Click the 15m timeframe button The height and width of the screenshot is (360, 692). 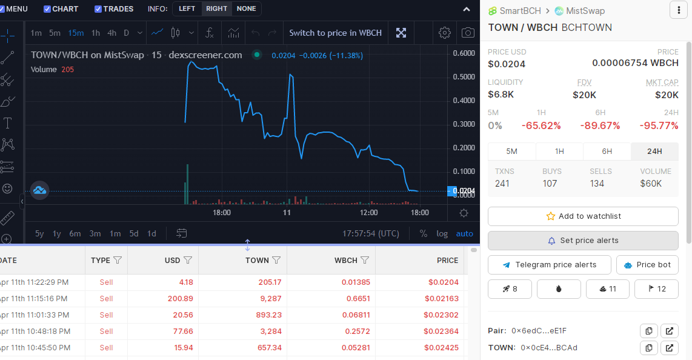pos(76,33)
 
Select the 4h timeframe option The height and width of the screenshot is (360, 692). pos(111,33)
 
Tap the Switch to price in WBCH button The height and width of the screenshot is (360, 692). pos(336,33)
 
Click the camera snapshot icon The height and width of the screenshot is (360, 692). pos(468,33)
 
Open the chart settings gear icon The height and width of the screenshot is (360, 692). pos(444,33)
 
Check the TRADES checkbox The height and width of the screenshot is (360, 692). pos(98,9)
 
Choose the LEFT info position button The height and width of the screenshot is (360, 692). pos(187,9)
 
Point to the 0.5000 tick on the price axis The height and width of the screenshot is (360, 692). pos(464,77)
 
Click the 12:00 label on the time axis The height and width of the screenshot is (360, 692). pos(368,213)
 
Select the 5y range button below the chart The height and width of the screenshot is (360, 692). pos(39,233)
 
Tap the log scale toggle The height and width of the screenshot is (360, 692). pos(442,233)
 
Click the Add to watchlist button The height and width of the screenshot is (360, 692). pos(583,216)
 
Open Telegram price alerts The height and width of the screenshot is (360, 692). pos(550,265)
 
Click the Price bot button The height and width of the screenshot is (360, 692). pos(647,265)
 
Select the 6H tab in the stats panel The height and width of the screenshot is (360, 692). pos(607,152)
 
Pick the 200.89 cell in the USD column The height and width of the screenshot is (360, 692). pos(180,299)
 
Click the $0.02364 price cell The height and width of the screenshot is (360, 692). pos(441,332)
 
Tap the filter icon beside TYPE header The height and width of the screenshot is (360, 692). pos(118,260)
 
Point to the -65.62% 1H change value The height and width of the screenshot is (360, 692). pos(541,125)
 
